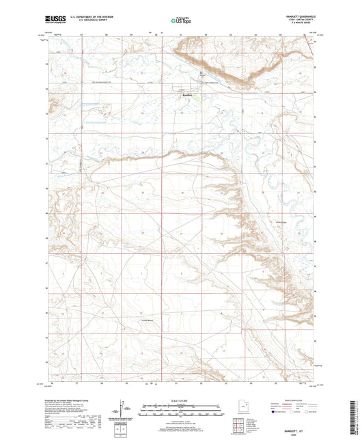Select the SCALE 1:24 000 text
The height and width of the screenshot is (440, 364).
(x=181, y=400)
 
